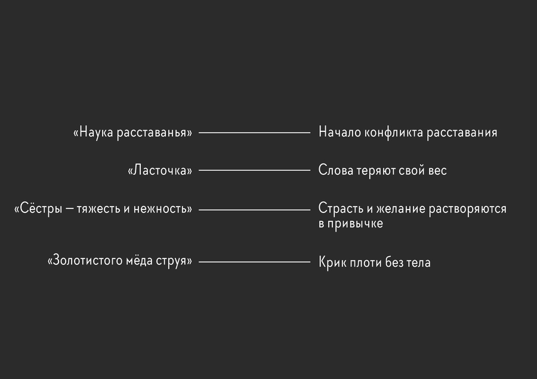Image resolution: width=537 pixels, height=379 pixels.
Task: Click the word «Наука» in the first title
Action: (93, 133)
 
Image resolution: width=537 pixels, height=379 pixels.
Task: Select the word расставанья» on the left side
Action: (155, 133)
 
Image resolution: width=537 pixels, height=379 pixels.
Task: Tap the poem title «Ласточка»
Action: (160, 170)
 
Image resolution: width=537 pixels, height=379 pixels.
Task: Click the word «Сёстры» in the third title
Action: (38, 209)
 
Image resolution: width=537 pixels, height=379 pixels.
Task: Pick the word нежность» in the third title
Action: (163, 209)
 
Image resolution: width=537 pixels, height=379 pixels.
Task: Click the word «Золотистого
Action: (85, 260)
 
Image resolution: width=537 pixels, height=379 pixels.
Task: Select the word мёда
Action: (139, 260)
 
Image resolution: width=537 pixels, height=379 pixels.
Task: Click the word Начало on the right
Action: (340, 132)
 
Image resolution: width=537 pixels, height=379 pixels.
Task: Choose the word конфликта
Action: (394, 133)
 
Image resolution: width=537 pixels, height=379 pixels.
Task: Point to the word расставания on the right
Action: (462, 133)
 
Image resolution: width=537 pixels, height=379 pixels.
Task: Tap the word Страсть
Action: (341, 208)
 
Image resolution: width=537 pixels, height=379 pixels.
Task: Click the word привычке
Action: (355, 224)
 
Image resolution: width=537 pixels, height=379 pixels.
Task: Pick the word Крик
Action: (329, 262)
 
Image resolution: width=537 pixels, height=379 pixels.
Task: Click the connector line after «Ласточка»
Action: (254, 170)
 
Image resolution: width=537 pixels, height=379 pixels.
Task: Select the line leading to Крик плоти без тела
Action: (254, 262)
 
